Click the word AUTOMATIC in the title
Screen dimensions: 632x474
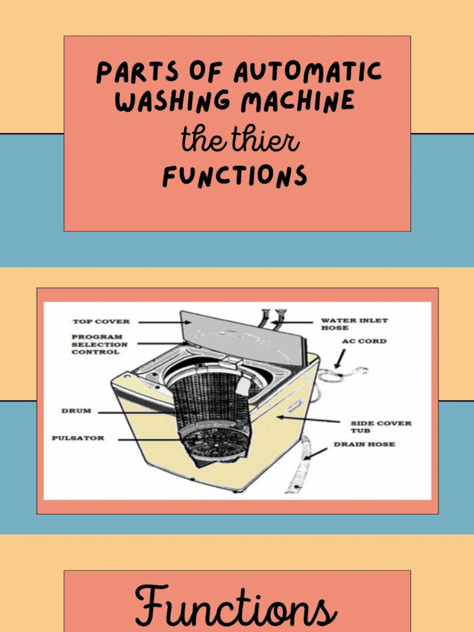tap(307, 73)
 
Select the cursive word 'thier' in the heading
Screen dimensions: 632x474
tap(264, 141)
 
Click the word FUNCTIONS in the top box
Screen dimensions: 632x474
tap(235, 177)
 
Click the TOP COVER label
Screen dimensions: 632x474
tap(101, 322)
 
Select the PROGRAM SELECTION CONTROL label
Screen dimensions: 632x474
tap(99, 344)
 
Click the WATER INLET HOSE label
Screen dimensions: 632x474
tap(354, 324)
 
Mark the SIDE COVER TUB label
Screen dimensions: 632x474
tap(380, 426)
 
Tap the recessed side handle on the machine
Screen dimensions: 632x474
tap(294, 407)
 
